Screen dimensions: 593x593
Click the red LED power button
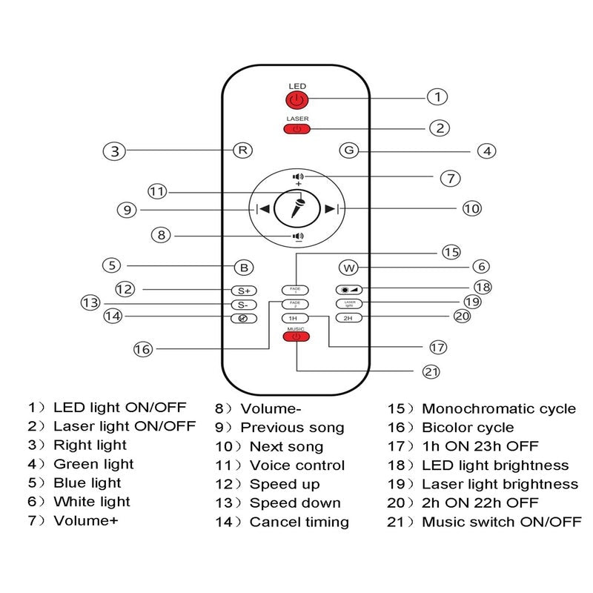pos(296,99)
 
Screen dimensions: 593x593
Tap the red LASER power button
pos(296,129)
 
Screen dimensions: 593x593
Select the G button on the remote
pos(348,150)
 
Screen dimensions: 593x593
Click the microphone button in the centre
pos(296,208)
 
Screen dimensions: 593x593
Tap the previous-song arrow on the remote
pos(262,209)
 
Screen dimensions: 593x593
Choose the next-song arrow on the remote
pos(331,209)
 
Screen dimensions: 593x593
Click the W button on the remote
pos(348,267)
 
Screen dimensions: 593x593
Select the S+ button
pos(243,291)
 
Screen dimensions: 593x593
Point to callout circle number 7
pos(450,178)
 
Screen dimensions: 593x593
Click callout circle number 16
pos(143,348)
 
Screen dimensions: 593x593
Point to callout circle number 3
pos(113,150)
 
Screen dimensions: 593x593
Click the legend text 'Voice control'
pos(296,466)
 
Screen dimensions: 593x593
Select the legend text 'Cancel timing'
pos(299,522)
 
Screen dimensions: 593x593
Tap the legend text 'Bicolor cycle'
pos(468,428)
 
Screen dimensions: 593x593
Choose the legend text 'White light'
pos(92,503)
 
